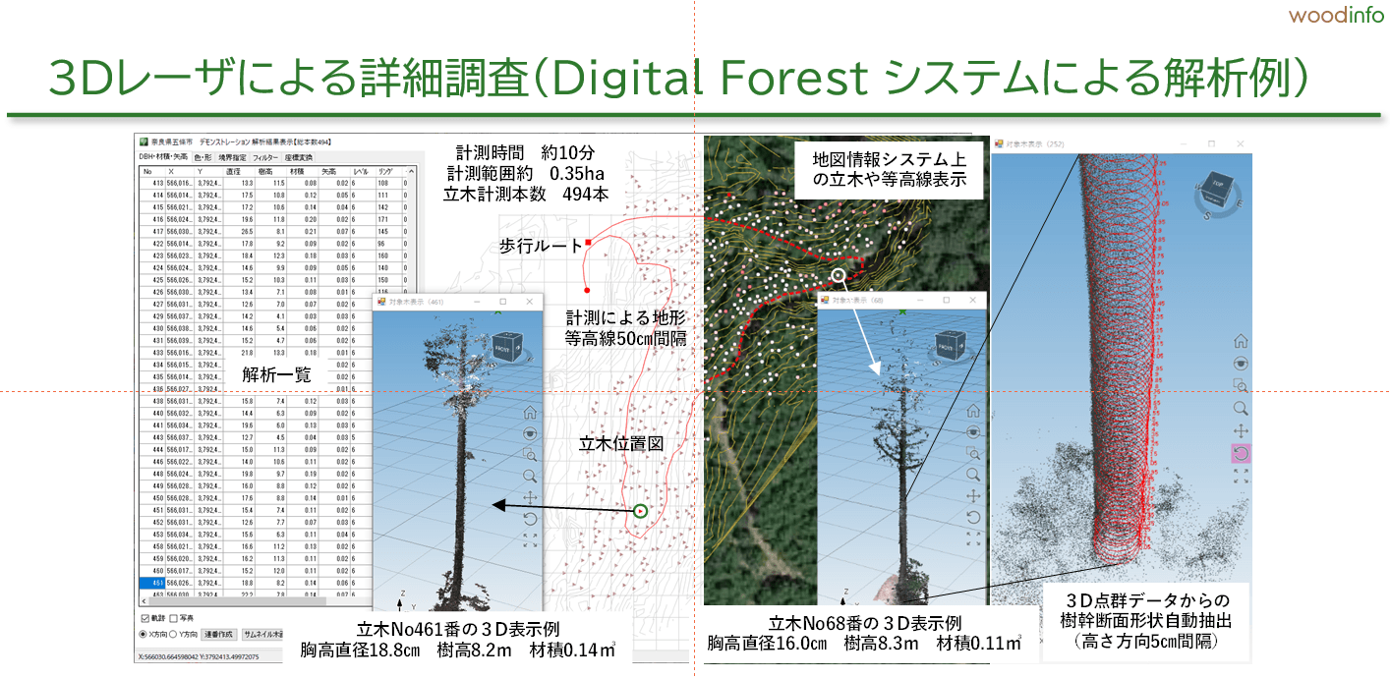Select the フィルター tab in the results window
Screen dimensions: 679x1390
pyautogui.click(x=264, y=156)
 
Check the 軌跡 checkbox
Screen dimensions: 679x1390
pyautogui.click(x=145, y=618)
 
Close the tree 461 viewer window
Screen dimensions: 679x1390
pyautogui.click(x=531, y=302)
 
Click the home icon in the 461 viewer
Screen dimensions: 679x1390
pyautogui.click(x=532, y=412)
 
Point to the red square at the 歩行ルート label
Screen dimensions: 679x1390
pyautogui.click(x=588, y=242)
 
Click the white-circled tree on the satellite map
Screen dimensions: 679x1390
pyautogui.click(x=838, y=276)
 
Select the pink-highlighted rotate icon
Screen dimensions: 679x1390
pyautogui.click(x=1241, y=453)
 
